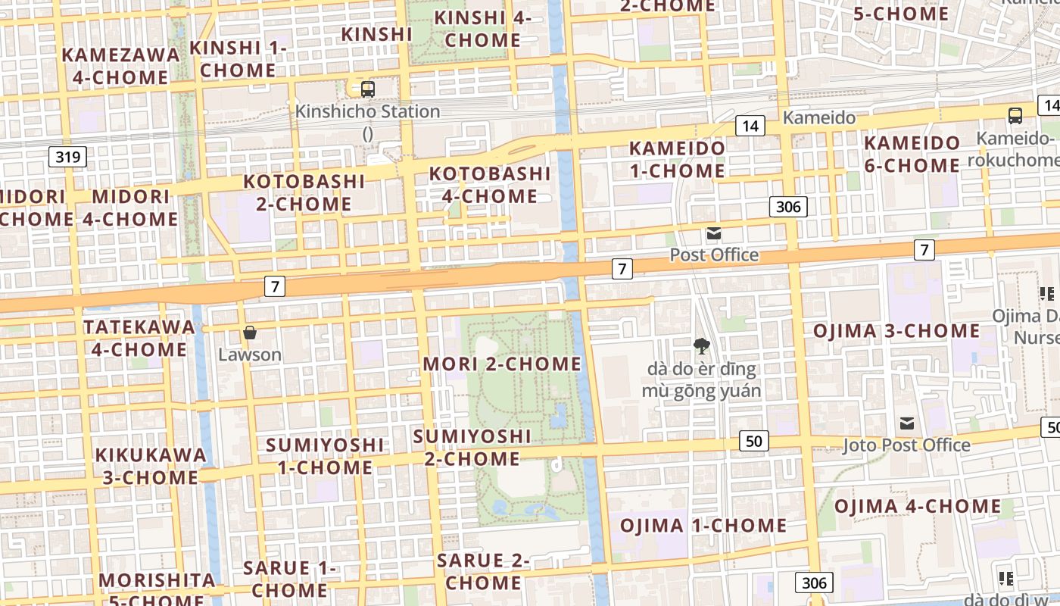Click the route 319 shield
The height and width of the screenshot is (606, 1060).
pos(68,158)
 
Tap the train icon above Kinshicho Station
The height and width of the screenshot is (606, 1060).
pos(367,89)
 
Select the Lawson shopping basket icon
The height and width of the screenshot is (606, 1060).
pos(249,333)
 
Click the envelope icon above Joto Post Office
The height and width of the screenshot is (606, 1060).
pos(907,423)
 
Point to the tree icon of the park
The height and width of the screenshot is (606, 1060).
pos(701,346)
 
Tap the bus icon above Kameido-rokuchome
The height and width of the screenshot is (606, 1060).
pos(1015,116)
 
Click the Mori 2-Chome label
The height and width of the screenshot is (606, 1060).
pos(502,364)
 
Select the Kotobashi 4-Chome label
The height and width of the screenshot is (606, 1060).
pos(490,185)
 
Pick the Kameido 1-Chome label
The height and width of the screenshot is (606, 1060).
pos(678,159)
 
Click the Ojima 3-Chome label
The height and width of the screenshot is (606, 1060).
pos(896,331)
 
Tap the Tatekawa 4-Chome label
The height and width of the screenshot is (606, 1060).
pos(139,338)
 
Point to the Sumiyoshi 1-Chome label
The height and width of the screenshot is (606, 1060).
pos(325,455)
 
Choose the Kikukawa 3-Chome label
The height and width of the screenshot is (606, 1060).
pos(151,466)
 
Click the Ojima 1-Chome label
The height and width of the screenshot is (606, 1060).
pos(703,525)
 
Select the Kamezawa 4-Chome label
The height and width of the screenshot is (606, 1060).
pos(121,66)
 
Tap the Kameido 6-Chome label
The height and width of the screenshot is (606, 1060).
pos(912,154)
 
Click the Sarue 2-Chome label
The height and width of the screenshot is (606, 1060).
pos(483,572)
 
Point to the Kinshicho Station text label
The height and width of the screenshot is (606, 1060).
pos(367,111)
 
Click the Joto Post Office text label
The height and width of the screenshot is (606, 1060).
pos(906,445)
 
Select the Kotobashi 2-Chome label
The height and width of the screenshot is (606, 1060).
pos(304,192)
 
